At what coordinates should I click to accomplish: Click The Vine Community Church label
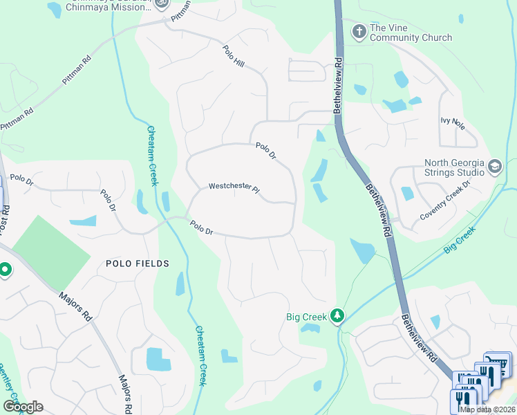pos(411,33)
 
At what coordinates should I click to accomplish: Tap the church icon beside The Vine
pos(359,31)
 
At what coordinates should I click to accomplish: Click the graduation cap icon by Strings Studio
pos(495,167)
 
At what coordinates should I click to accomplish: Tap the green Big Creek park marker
pos(337,315)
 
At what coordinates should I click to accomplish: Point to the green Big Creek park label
pos(306,317)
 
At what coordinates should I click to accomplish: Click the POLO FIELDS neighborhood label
pos(138,264)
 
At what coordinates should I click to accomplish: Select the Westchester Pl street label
pos(234,187)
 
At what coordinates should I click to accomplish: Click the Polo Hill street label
pos(234,57)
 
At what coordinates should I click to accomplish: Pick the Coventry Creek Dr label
pos(445,201)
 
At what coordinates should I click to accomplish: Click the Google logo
pos(23,406)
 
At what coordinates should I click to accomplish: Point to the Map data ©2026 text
pos(487,409)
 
